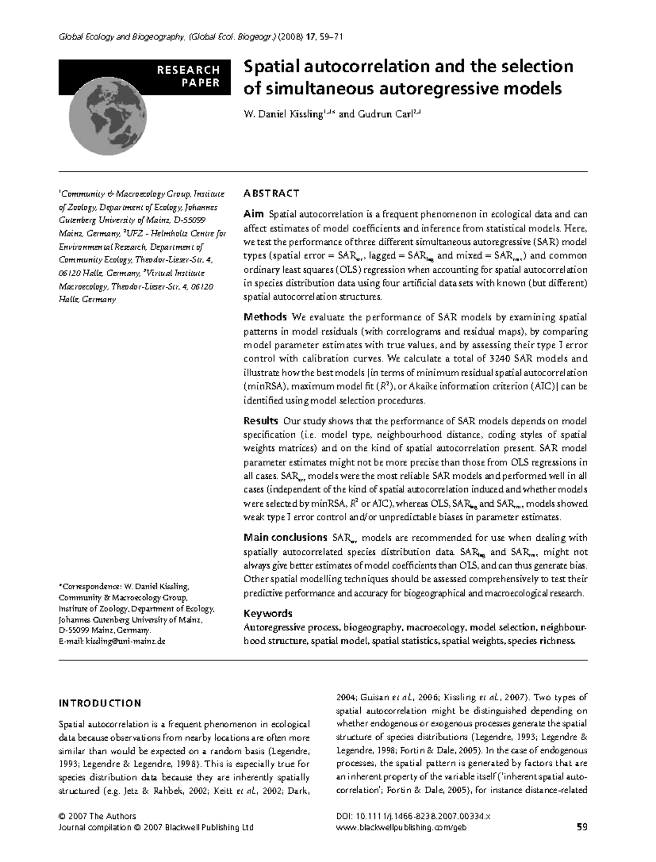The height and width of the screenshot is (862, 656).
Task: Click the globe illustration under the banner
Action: pos(108,118)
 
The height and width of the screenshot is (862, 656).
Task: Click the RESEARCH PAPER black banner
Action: pos(145,77)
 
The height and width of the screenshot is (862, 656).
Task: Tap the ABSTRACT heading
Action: pos(271,193)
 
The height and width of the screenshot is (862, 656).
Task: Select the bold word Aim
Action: pos(254,214)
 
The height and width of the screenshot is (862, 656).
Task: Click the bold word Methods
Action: pos(265,317)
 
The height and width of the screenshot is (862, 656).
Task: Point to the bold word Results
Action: pos(261,421)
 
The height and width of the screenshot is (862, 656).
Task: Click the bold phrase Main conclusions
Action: pos(285,537)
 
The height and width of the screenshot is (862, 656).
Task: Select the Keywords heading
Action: pos(268,613)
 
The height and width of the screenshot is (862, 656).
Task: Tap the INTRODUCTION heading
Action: pos(100,703)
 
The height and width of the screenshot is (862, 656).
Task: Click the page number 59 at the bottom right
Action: pos(582,828)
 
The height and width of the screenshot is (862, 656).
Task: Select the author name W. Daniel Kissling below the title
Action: pos(283,114)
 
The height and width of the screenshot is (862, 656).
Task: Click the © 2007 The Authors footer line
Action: pos(97,816)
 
